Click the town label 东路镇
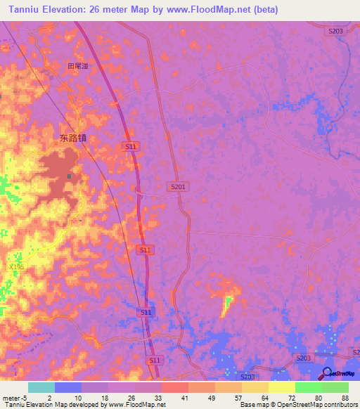pyautogui.click(x=72, y=138)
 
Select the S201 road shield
pyautogui.click(x=178, y=186)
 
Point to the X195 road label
pyautogui.click(x=16, y=267)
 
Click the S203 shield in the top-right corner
pyautogui.click(x=335, y=31)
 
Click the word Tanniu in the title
pyautogui.click(x=23, y=10)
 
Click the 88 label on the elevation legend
pyautogui.click(x=345, y=398)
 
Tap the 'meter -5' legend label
pyautogui.click(x=15, y=398)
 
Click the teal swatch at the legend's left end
pyautogui.click(x=41, y=387)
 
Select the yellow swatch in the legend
pyautogui.click(x=281, y=387)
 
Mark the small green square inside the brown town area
pyautogui.click(x=69, y=176)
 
